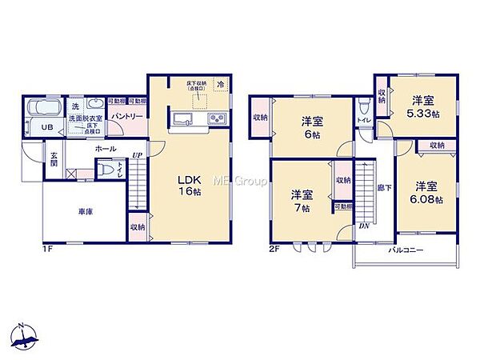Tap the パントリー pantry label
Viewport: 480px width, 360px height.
tap(127, 117)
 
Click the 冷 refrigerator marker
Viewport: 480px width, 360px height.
tap(219, 82)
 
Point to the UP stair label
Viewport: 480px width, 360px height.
tap(138, 154)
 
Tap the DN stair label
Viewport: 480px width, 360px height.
tap(365, 226)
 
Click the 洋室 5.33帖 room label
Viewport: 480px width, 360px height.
tap(423, 106)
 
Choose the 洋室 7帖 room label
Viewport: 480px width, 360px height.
tap(302, 200)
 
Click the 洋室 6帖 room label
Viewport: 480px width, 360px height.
tap(312, 129)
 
